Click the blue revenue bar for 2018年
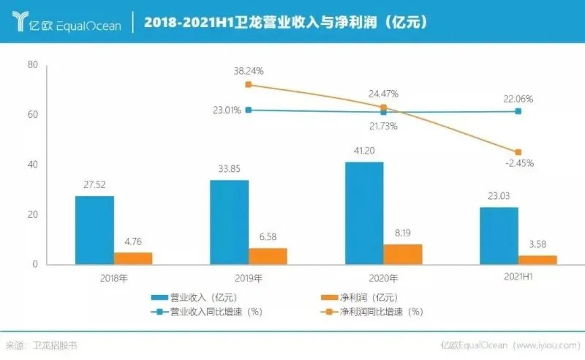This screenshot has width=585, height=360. coord(94,230)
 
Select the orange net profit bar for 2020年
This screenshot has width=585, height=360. coord(402,254)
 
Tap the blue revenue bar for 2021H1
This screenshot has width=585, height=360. coord(499,236)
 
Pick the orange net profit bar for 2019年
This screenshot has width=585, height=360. coord(268,256)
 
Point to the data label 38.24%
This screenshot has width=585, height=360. coord(249,72)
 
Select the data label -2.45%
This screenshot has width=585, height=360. coord(518,163)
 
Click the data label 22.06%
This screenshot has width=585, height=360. coord(518,99)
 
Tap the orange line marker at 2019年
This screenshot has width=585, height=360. coord(249,85)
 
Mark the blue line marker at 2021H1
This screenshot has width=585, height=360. coord(518,111)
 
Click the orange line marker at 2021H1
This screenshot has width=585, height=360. coord(518,152)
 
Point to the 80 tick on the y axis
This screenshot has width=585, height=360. coord(32,65)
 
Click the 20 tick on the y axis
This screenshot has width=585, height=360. coord(32,215)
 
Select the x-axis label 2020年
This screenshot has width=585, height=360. coord(382,279)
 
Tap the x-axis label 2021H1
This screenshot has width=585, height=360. coord(518,279)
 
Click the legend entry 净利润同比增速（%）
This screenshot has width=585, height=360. coord(374,311)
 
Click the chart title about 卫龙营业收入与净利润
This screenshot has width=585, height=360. coord(285,23)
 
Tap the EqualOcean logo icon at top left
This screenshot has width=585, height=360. coord(23,22)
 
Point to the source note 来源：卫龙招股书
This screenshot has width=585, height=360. coord(41,345)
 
